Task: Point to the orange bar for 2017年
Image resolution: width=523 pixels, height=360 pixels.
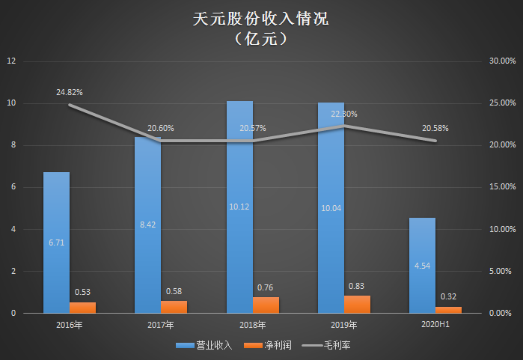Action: (174, 306)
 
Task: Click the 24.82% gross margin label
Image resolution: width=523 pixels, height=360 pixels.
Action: (69, 92)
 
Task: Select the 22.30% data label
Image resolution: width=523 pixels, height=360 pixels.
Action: (343, 115)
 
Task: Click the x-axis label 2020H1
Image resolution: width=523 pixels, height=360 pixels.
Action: (435, 325)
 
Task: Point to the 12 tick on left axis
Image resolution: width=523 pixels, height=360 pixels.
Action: (10, 61)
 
